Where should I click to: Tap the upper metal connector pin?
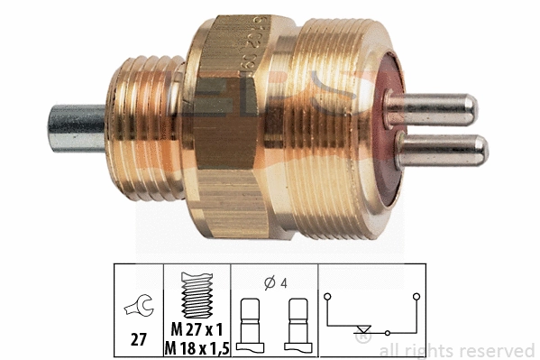click(433, 108)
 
